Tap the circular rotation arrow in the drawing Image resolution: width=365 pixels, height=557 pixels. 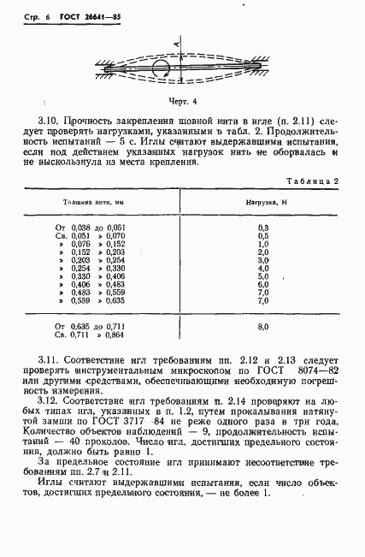(160, 68)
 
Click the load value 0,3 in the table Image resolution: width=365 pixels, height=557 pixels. (262, 227)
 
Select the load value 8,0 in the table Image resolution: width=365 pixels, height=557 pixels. (262, 327)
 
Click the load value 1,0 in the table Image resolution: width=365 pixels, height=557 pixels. (262, 244)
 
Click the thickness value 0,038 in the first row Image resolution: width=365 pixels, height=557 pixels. (80, 227)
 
